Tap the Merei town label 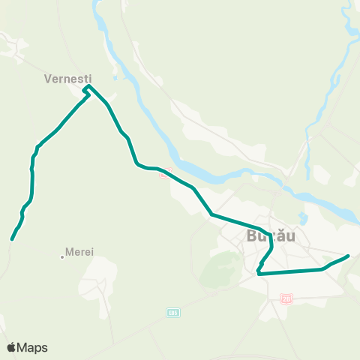[x=79, y=252]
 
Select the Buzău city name [x=271, y=236]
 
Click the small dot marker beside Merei [x=62, y=256]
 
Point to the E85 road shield [x=173, y=310]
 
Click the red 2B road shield [x=286, y=298]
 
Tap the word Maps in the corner [x=33, y=347]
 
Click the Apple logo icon [x=13, y=347]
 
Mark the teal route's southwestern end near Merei [x=12, y=240]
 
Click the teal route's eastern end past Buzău [x=349, y=256]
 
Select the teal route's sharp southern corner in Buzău [x=258, y=274]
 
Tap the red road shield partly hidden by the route [x=164, y=175]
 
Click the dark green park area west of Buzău [x=218, y=267]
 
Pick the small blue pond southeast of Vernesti [x=114, y=75]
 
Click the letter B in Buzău [x=251, y=236]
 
